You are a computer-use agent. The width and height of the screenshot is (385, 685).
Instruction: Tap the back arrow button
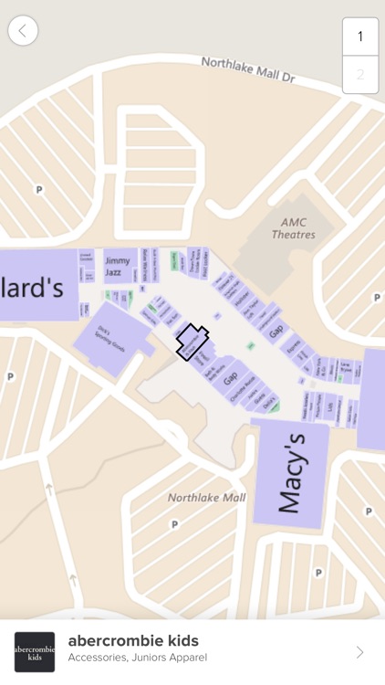pyautogui.click(x=23, y=30)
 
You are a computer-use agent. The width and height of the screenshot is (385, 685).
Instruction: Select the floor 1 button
pyautogui.click(x=359, y=37)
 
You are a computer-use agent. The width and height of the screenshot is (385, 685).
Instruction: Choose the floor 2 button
pyautogui.click(x=359, y=75)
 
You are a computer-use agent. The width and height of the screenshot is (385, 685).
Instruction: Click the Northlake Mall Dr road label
pyautogui.click(x=248, y=70)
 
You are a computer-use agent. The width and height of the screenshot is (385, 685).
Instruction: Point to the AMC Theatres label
pyautogui.click(x=293, y=228)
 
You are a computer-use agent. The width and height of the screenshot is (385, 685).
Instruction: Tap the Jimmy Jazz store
pyautogui.click(x=117, y=266)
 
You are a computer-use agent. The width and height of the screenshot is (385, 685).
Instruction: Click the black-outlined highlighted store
pyautogui.click(x=192, y=342)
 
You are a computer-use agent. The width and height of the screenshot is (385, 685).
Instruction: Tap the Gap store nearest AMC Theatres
pyautogui.click(x=276, y=330)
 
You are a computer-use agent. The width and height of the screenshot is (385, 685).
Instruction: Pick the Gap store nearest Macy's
pyautogui.click(x=230, y=376)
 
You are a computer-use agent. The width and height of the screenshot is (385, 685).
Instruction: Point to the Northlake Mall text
pyautogui.click(x=206, y=498)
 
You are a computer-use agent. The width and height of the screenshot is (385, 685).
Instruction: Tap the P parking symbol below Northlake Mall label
pyautogui.click(x=173, y=525)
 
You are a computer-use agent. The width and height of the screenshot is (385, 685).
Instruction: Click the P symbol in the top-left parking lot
pyautogui.click(x=38, y=189)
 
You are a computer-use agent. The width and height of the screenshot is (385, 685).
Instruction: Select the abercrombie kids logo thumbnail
pyautogui.click(x=35, y=652)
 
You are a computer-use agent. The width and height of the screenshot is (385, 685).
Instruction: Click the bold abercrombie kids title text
pyautogui.click(x=133, y=641)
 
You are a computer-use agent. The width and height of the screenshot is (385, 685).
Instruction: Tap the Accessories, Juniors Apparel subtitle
pyautogui.click(x=137, y=658)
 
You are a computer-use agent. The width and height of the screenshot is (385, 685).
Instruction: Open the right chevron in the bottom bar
pyautogui.click(x=359, y=652)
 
